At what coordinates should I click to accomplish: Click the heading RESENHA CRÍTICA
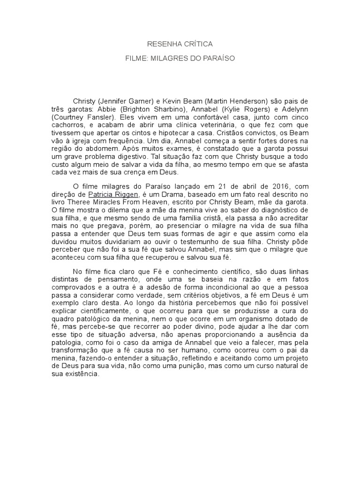click(x=180, y=44)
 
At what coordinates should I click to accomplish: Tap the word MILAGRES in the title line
click(x=169, y=59)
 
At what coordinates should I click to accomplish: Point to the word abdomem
click(x=107, y=147)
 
